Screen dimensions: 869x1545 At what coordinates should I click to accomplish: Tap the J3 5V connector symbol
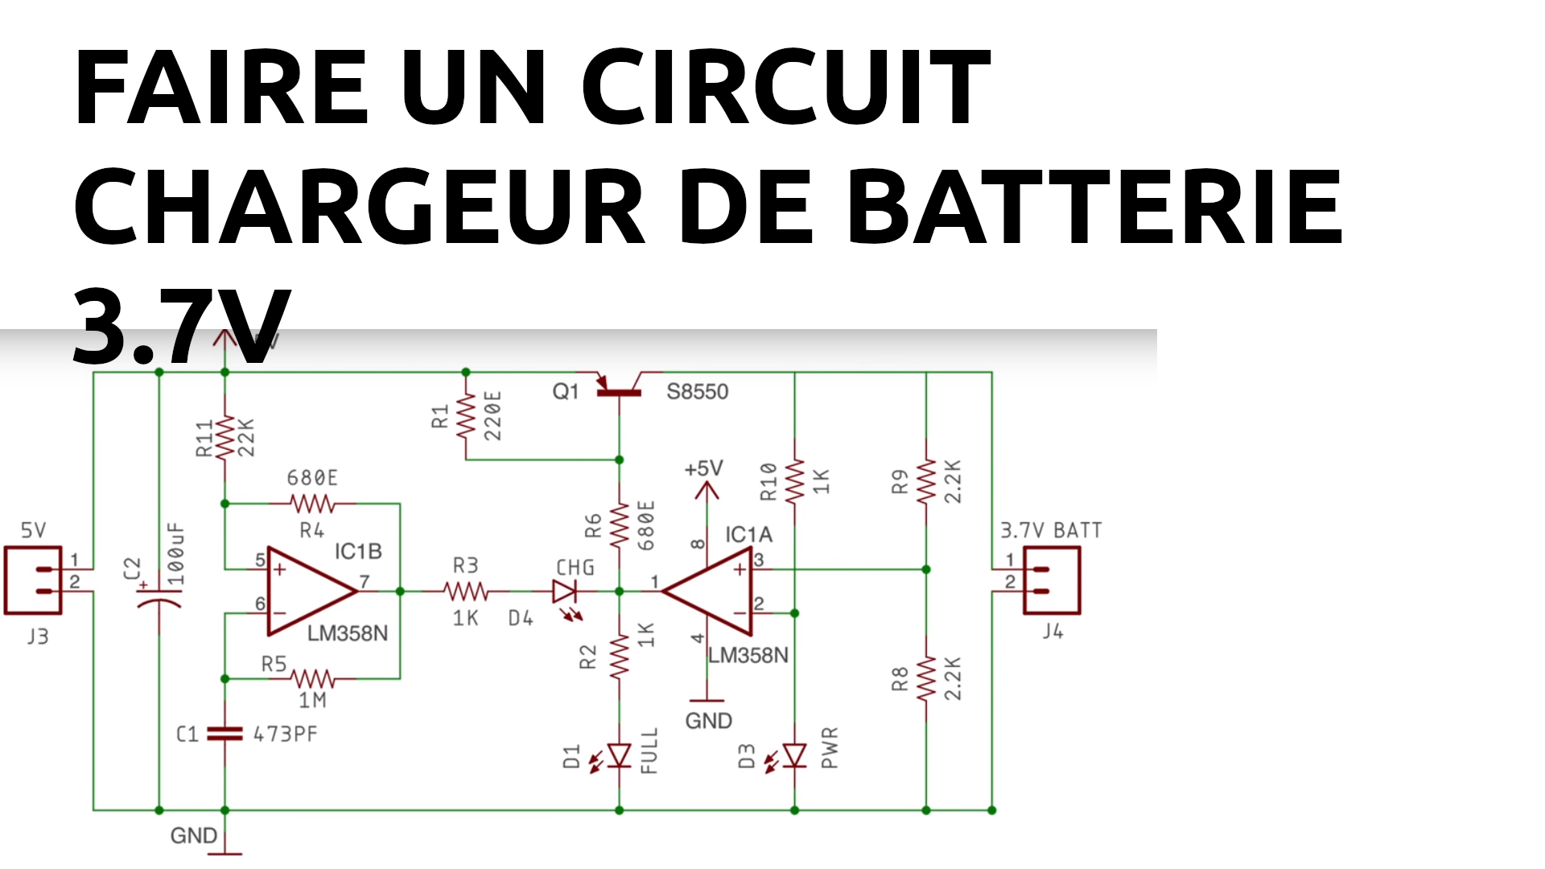[x=34, y=580]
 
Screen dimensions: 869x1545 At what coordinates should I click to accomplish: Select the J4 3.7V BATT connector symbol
[x=1051, y=580]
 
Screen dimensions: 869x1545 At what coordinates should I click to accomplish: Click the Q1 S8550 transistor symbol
[x=619, y=388]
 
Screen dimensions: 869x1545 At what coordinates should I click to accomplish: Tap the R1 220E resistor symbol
[x=465, y=417]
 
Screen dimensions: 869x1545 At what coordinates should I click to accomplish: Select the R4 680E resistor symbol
[x=312, y=504]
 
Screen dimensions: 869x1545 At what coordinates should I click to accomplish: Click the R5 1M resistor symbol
[x=312, y=678]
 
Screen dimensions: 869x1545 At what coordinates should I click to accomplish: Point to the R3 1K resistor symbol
[x=466, y=591]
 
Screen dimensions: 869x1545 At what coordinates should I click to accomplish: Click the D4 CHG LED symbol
[x=565, y=592]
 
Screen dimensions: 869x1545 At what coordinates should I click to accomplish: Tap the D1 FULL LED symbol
[x=619, y=756]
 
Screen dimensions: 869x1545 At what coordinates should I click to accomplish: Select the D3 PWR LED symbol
[x=794, y=756]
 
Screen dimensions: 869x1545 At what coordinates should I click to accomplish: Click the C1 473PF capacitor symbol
[x=225, y=734]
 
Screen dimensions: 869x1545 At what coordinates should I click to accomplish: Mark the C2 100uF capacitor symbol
[x=159, y=598]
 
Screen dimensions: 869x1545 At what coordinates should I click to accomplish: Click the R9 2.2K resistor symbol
[x=926, y=481]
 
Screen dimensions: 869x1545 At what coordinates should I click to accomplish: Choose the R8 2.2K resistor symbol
[x=926, y=678]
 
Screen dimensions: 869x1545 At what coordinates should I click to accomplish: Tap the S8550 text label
[x=697, y=392]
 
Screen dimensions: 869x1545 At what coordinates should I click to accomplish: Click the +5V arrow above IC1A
[x=707, y=489]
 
